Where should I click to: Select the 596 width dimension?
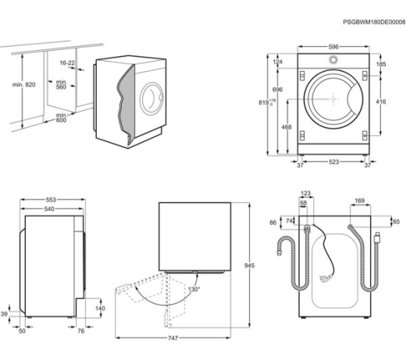coord(333,48)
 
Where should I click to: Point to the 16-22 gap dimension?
coord(68,64)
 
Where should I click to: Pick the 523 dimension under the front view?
coord(333,163)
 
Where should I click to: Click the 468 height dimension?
coord(287,127)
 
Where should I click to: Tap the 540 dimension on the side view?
coord(48,209)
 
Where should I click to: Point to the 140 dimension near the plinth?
coord(100,308)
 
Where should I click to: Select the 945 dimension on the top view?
coord(250,266)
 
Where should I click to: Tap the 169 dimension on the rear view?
coord(360,201)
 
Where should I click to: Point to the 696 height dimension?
coord(276,91)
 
